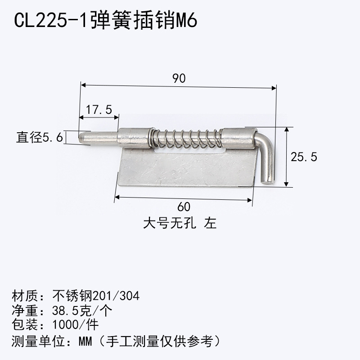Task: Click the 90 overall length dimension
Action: click(x=179, y=78)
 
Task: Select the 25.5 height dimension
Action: click(x=304, y=157)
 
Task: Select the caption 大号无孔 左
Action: click(x=180, y=223)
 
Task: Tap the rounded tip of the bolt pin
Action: click(x=82, y=137)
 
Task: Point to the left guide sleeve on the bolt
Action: click(x=134, y=138)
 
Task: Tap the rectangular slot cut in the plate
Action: click(x=189, y=153)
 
